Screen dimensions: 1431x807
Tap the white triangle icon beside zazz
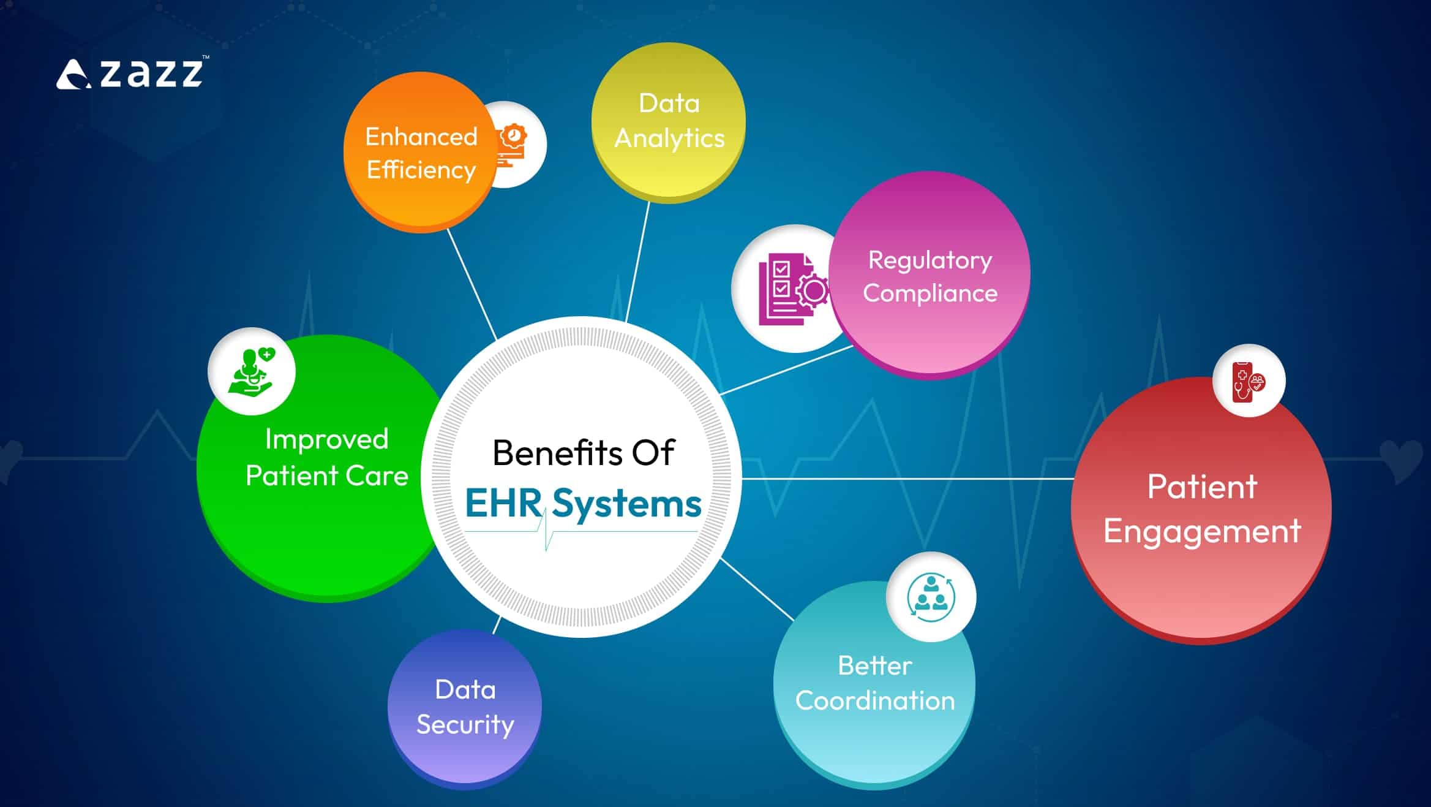click(x=73, y=75)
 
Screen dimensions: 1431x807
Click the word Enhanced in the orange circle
click(x=421, y=137)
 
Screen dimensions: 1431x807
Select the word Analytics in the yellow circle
click(x=669, y=138)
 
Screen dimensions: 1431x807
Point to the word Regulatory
click(x=930, y=261)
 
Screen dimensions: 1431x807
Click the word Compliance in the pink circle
click(x=930, y=293)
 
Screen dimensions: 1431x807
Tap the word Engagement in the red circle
click(x=1201, y=531)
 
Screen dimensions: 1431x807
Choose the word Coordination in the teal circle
click(x=874, y=700)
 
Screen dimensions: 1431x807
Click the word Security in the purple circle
click(x=465, y=725)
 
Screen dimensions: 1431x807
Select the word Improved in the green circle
click(x=326, y=439)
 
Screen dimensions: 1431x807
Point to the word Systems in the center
click(x=626, y=504)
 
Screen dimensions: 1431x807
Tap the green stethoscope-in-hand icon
click(x=251, y=371)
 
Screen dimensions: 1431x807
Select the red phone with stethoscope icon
click(x=1249, y=381)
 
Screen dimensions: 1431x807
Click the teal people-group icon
click(x=931, y=596)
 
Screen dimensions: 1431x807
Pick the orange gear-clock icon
click(x=513, y=145)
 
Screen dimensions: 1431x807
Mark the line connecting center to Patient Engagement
click(x=906, y=479)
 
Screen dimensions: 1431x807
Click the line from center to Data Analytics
click(x=637, y=260)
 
